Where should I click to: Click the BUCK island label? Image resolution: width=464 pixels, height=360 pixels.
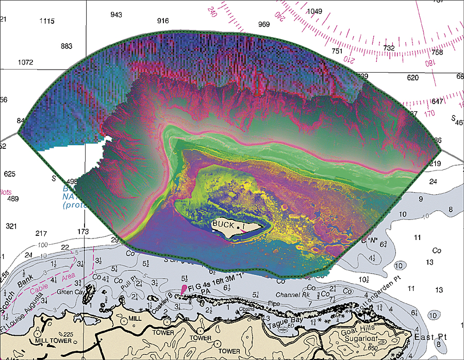coord(223,226)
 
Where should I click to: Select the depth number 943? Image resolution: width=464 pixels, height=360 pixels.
coord(117,15)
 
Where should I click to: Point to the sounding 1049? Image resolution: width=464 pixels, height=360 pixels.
coord(314,11)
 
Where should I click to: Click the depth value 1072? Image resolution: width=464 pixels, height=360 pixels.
coord(25,62)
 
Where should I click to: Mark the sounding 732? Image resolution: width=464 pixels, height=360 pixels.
coord(389,48)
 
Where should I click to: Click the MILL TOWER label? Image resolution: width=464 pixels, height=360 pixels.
coord(51,341)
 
